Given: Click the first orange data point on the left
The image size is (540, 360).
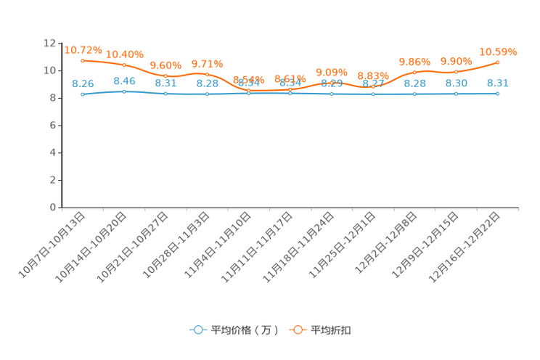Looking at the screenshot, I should click(x=83, y=60).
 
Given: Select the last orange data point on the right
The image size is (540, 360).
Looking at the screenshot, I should click(x=498, y=62).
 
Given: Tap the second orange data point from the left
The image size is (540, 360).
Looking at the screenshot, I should click(x=124, y=65).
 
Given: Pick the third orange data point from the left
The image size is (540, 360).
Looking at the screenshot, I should click(x=165, y=75).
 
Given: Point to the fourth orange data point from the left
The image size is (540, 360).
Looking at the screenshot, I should click(x=207, y=74).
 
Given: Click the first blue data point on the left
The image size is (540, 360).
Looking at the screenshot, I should click(x=83, y=95).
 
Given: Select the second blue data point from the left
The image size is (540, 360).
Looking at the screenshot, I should click(x=124, y=92).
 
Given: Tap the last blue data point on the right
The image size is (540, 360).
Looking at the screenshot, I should click(x=498, y=94).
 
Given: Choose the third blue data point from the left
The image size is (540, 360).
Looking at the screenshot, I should click(x=165, y=94).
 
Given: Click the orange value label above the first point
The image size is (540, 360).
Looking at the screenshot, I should click(x=83, y=49).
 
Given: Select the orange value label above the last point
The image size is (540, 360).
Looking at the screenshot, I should click(x=499, y=51).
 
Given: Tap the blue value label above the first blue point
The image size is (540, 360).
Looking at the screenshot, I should click(x=83, y=83).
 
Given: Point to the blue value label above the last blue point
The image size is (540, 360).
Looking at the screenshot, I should click(x=498, y=83).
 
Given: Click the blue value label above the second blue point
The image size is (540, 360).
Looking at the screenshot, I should click(x=124, y=81).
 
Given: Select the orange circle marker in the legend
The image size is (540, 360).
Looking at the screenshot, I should click(x=298, y=330).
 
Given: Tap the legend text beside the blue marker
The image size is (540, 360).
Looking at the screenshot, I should click(x=245, y=330).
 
